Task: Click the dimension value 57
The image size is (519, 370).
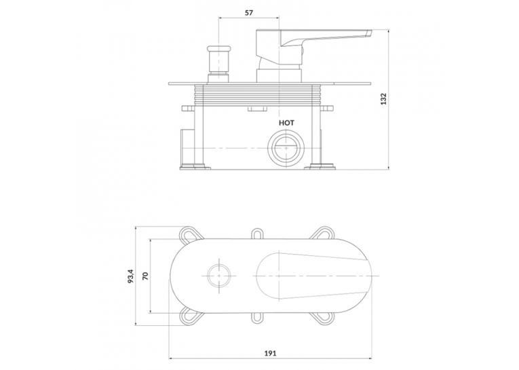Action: click(x=249, y=13)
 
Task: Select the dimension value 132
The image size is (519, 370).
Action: click(x=383, y=98)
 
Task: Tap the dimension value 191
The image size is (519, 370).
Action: click(x=270, y=353)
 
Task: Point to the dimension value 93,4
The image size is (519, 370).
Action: click(x=131, y=276)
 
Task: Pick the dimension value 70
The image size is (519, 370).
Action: click(x=145, y=276)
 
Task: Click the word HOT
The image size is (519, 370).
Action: click(x=286, y=123)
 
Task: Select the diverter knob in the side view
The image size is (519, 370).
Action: click(x=218, y=63)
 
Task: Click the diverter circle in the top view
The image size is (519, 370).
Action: click(x=220, y=276)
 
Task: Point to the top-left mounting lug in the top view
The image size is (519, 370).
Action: click(x=191, y=234)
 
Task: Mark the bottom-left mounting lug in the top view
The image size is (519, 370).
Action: click(x=191, y=316)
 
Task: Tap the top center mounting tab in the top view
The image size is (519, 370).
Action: click(x=256, y=233)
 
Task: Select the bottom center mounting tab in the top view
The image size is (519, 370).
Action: click(x=256, y=318)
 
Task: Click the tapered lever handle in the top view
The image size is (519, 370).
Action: click(x=312, y=276)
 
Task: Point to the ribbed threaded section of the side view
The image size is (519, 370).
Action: click(x=254, y=95)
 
